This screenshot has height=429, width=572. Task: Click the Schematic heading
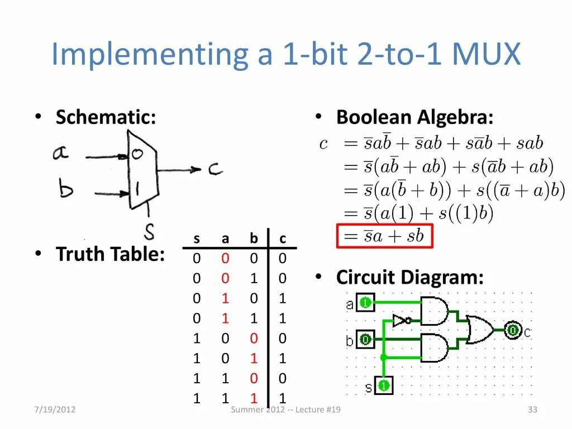click(106, 117)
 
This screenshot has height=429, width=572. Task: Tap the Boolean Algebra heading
click(415, 117)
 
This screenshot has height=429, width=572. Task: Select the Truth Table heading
click(110, 254)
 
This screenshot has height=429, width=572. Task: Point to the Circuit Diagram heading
click(409, 277)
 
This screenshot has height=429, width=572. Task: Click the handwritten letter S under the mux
click(149, 230)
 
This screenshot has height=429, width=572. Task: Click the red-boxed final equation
click(384, 236)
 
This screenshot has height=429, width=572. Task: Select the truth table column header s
click(197, 239)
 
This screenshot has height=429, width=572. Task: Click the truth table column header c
click(283, 239)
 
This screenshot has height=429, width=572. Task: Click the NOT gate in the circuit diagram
click(402, 321)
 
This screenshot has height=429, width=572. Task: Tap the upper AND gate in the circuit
click(435, 311)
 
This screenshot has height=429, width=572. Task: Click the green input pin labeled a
click(365, 303)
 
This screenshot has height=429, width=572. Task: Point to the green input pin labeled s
click(384, 385)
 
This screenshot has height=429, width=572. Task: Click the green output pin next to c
click(512, 331)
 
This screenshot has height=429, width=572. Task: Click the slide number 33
click(532, 410)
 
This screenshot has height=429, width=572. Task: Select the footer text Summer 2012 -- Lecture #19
click(286, 410)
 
